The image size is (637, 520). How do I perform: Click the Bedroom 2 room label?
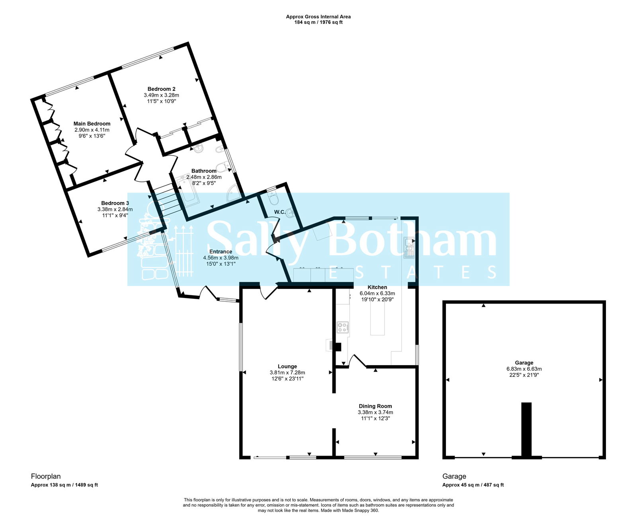pyautogui.click(x=161, y=89)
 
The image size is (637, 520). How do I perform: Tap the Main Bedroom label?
pyautogui.click(x=92, y=124)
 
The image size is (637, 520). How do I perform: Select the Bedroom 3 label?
pyautogui.click(x=115, y=203)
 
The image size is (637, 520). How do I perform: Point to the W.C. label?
pyautogui.click(x=279, y=212)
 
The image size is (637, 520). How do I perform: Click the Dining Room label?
pyautogui.click(x=375, y=406)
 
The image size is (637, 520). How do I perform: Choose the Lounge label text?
pyautogui.click(x=287, y=366)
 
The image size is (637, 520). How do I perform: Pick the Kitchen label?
pyautogui.click(x=377, y=287)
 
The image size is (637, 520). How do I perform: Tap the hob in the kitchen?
pyautogui.click(x=342, y=327)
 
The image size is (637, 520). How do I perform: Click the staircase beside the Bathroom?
pyautogui.click(x=166, y=201)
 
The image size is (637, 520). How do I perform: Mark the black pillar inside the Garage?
pyautogui.click(x=526, y=430)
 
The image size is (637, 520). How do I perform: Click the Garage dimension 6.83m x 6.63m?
pyautogui.click(x=524, y=369)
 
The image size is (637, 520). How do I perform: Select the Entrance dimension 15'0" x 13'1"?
pyautogui.click(x=221, y=264)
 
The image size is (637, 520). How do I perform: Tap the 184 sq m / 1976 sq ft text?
pyautogui.click(x=318, y=22)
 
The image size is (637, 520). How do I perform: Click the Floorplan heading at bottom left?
pyautogui.click(x=46, y=476)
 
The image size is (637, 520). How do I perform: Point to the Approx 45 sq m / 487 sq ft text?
pyautogui.click(x=473, y=485)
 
